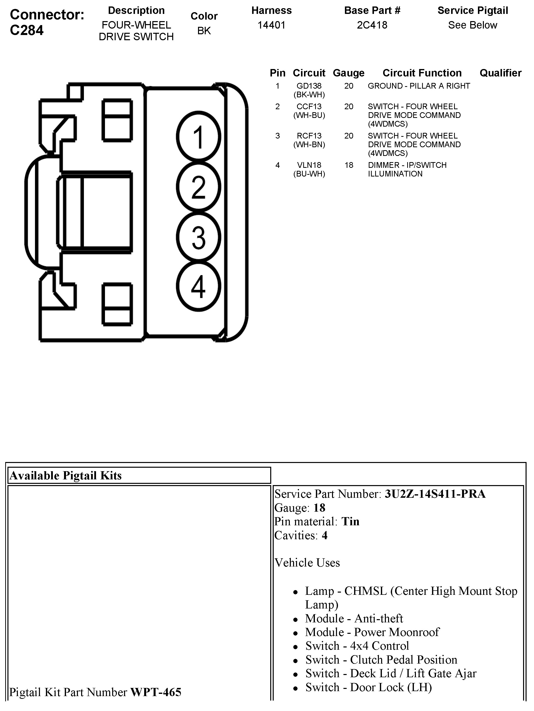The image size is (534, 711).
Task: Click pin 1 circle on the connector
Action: pyautogui.click(x=199, y=137)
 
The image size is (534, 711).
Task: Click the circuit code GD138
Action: pyautogui.click(x=309, y=86)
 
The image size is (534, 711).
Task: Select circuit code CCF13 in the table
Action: pyautogui.click(x=309, y=107)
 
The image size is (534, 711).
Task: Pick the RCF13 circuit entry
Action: pyautogui.click(x=309, y=136)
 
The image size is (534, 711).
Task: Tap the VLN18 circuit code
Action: pyautogui.click(x=309, y=165)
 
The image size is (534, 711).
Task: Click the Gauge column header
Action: pyautogui.click(x=349, y=73)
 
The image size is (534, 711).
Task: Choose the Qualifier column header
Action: pyautogui.click(x=500, y=73)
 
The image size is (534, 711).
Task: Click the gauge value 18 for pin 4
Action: pyautogui.click(x=349, y=165)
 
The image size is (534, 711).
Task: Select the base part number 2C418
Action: pyautogui.click(x=372, y=25)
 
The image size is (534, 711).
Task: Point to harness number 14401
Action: pyautogui.click(x=271, y=25)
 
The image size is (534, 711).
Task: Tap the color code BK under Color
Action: pyautogui.click(x=204, y=31)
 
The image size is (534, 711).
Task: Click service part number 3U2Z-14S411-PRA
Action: pyautogui.click(x=435, y=494)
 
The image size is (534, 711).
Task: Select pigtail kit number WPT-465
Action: pyautogui.click(x=156, y=692)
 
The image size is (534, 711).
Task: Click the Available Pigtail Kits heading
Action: pyautogui.click(x=66, y=476)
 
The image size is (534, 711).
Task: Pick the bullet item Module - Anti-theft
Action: pyautogui.click(x=354, y=618)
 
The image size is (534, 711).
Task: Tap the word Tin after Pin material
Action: pyautogui.click(x=350, y=521)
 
